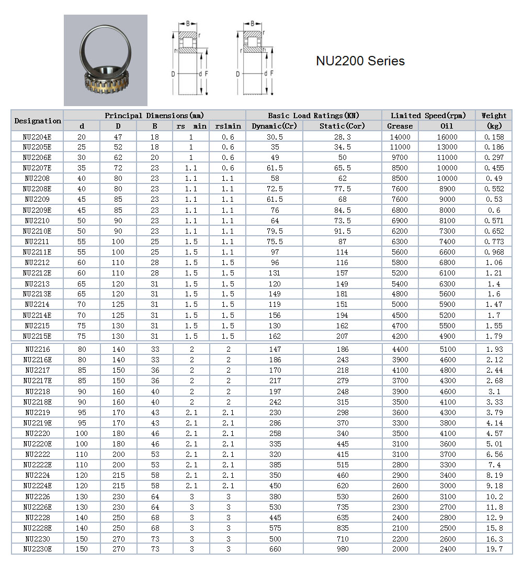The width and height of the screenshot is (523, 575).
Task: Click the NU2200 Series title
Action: [360, 61]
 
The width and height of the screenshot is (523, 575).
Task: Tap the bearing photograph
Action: [106, 60]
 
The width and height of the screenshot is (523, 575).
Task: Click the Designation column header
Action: [38, 121]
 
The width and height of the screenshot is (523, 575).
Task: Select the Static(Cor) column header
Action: [342, 126]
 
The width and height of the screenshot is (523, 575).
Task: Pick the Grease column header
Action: [400, 126]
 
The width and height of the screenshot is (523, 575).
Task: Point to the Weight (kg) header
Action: [494, 121]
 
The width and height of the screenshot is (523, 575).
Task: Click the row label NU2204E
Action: [37, 137]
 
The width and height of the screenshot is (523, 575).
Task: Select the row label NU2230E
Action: [37, 549]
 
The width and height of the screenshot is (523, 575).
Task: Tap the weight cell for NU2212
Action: [494, 262]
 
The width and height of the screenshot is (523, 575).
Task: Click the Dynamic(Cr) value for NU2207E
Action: [275, 168]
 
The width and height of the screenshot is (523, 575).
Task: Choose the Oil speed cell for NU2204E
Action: [447, 137]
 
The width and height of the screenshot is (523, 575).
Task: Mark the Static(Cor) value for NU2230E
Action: [342, 549]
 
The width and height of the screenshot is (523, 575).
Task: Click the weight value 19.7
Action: [494, 549]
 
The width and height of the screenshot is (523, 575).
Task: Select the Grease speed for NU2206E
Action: [400, 157]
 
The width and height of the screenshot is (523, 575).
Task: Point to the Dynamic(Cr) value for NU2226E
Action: [275, 507]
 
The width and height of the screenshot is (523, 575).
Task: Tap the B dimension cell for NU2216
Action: [155, 349]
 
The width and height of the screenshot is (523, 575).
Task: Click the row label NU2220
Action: [37, 433]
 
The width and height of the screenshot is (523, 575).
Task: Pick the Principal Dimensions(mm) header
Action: [154, 116]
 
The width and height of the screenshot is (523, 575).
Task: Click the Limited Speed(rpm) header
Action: [428, 116]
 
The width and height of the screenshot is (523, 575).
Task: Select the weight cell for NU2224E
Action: [494, 486]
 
